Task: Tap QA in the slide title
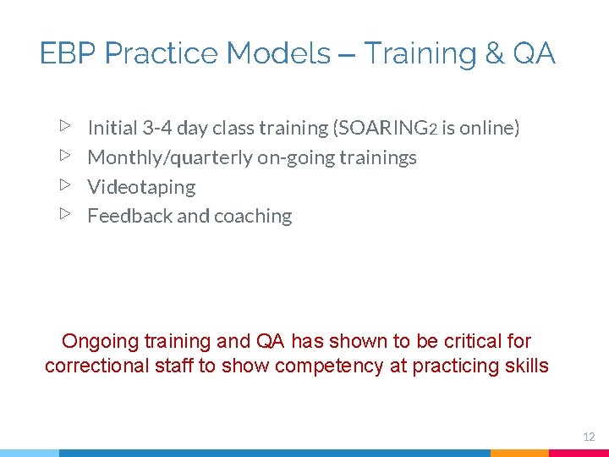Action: click(534, 54)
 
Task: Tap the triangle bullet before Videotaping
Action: click(65, 185)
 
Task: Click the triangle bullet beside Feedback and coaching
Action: click(65, 215)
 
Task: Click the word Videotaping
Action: click(141, 187)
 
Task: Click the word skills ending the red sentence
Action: click(526, 366)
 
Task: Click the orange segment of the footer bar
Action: click(519, 453)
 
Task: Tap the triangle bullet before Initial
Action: click(65, 127)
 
